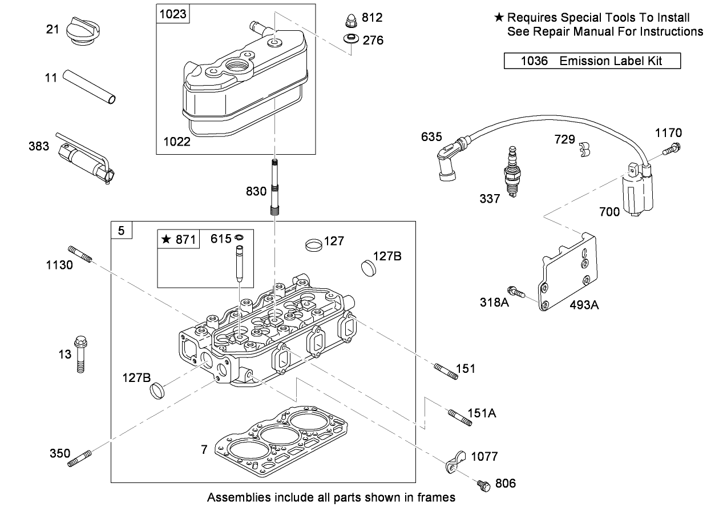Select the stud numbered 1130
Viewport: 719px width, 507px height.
[x=80, y=254]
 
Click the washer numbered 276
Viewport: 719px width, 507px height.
[x=350, y=40]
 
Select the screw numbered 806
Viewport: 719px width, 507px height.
[x=483, y=485]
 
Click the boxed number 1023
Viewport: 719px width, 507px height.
[x=173, y=14]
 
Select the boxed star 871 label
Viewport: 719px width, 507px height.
[x=178, y=240]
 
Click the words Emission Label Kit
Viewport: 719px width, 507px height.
[x=611, y=61]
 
